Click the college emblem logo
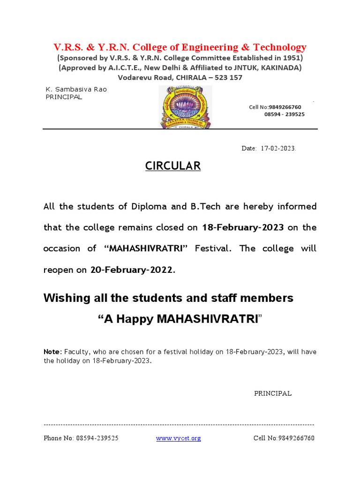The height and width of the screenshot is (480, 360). tap(185, 106)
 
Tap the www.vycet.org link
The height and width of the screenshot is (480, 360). tap(178, 438)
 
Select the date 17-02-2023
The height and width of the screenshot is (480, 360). tap(278, 148)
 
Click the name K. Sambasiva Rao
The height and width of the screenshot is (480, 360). tap(76, 90)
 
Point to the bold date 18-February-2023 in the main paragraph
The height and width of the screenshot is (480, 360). tap(243, 227)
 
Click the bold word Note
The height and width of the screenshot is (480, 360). tap(52, 352)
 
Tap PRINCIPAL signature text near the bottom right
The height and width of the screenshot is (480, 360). tap(273, 393)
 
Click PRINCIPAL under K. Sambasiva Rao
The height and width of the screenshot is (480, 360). tap(63, 97)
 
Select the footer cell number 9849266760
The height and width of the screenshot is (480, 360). tap(296, 438)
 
